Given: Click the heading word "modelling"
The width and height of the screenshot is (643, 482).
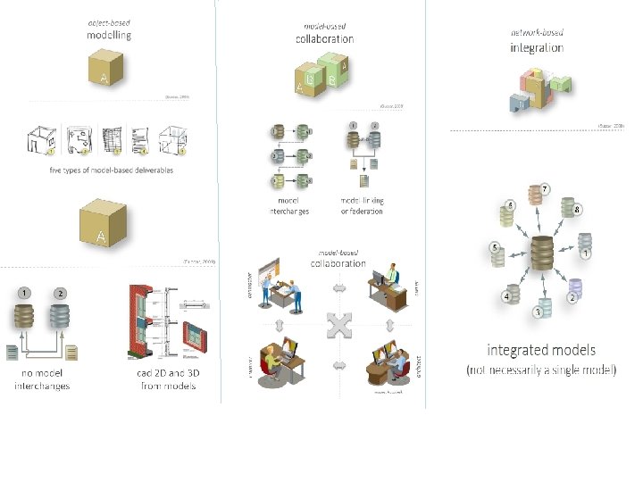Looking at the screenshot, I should point(109,36).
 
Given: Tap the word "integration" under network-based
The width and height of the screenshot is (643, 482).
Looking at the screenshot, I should point(537,46).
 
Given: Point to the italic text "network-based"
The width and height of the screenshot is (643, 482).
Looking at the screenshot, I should point(537,32).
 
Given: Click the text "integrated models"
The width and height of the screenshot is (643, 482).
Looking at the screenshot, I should point(540,350).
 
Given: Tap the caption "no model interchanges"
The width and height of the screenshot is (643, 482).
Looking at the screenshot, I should point(41,379).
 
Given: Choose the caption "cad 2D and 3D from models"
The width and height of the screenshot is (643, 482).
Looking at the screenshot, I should point(167,379).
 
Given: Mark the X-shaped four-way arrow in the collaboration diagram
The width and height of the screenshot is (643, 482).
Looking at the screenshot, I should point(338,327).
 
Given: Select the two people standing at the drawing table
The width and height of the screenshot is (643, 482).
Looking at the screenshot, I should point(288,294).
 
